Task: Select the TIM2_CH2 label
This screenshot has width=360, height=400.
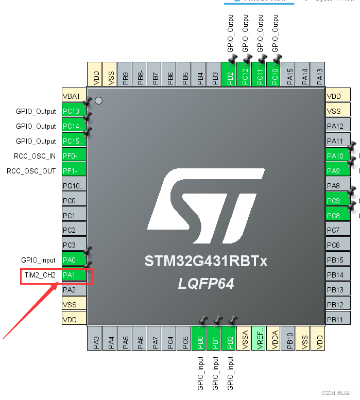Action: [40, 275]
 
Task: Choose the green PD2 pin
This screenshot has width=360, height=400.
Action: [228, 74]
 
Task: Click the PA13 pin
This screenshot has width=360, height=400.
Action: [320, 74]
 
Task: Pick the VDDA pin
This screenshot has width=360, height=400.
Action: [275, 338]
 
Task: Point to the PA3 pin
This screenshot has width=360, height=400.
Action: [95, 338]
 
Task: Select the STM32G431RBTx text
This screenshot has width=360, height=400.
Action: [206, 262]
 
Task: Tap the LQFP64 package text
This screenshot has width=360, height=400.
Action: [206, 284]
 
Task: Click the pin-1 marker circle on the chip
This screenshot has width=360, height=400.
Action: [99, 101]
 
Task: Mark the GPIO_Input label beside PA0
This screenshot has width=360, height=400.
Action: [39, 260]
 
